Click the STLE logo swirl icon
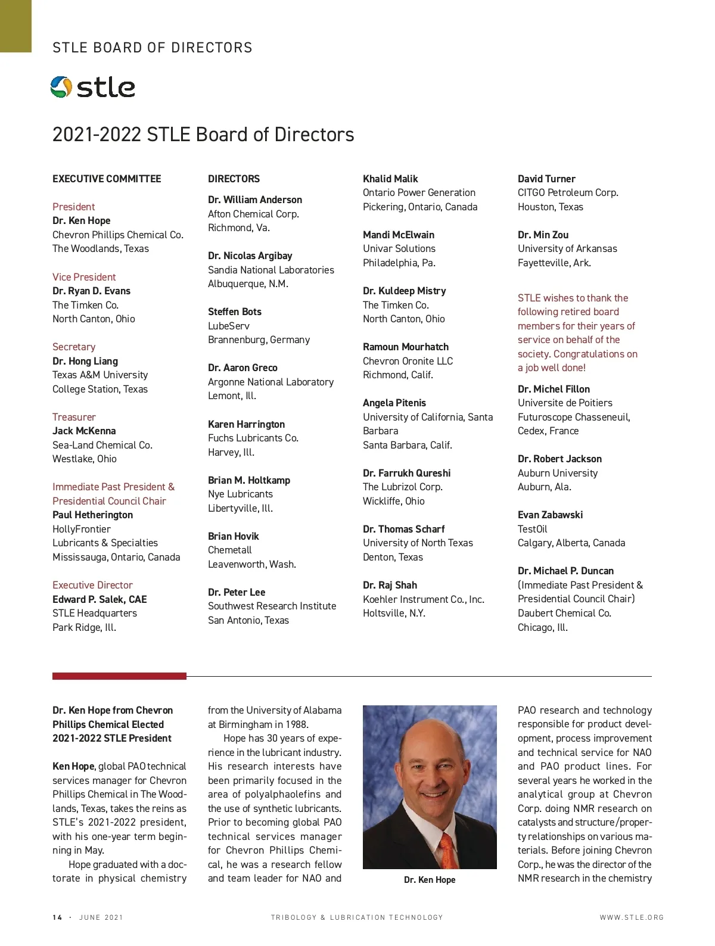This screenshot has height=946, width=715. coord(61,87)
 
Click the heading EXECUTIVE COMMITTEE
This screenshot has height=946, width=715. coord(107,179)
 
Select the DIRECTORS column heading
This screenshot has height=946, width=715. coord(234,179)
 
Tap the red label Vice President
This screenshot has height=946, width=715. coord(84,277)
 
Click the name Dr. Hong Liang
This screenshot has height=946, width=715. coord(85,361)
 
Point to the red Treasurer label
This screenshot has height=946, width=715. coord(74,417)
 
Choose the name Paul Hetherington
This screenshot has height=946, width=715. coord(92,515)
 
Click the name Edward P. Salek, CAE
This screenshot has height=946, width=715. coord(100,599)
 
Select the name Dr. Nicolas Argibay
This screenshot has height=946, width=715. coord(250,256)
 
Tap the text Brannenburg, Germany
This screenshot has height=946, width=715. coord(259,340)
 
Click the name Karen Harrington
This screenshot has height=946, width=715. coord(246,424)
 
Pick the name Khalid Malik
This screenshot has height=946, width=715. coord(390,179)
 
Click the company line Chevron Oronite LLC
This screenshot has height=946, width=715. coord(408,361)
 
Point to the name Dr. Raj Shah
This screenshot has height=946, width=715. coord(390,585)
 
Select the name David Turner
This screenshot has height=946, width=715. coord(546,179)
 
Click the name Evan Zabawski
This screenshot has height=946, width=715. coord(550,515)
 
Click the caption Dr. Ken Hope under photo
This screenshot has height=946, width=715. coord(430,880)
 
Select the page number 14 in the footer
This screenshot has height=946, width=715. coord(57,917)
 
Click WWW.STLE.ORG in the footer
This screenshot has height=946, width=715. coord(632,917)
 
